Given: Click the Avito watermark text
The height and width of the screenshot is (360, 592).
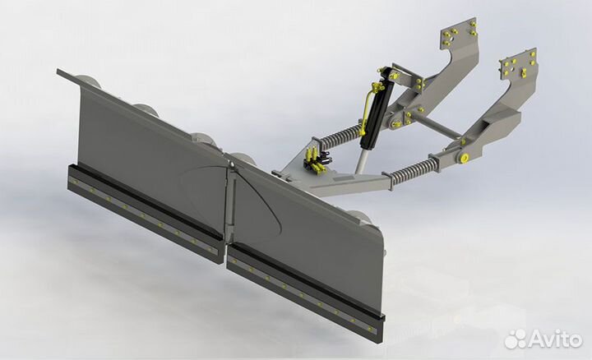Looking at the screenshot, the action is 555,339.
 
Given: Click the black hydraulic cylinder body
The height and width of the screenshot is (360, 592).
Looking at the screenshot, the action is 378,108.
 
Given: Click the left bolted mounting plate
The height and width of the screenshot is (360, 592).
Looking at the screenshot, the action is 459,35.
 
